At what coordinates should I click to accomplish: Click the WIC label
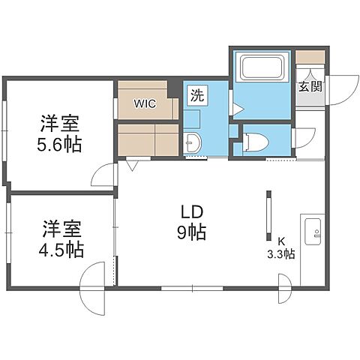(x=145, y=103)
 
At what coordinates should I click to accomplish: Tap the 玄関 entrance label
(x=310, y=86)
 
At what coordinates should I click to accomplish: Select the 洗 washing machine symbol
(x=196, y=95)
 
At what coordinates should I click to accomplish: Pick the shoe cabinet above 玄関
(x=310, y=58)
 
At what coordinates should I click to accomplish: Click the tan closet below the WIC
(x=147, y=139)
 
